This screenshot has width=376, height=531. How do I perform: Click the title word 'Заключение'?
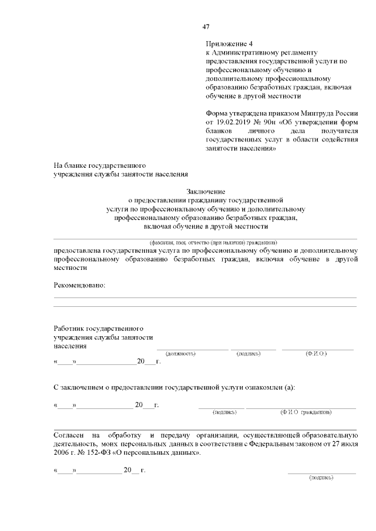(205, 191)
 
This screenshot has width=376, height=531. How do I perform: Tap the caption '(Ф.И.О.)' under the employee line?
(316, 354)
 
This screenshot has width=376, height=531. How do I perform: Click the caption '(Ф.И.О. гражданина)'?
(305, 412)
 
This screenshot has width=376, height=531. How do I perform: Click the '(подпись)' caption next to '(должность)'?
(248, 354)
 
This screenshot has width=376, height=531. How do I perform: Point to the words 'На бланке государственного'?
(99, 165)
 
